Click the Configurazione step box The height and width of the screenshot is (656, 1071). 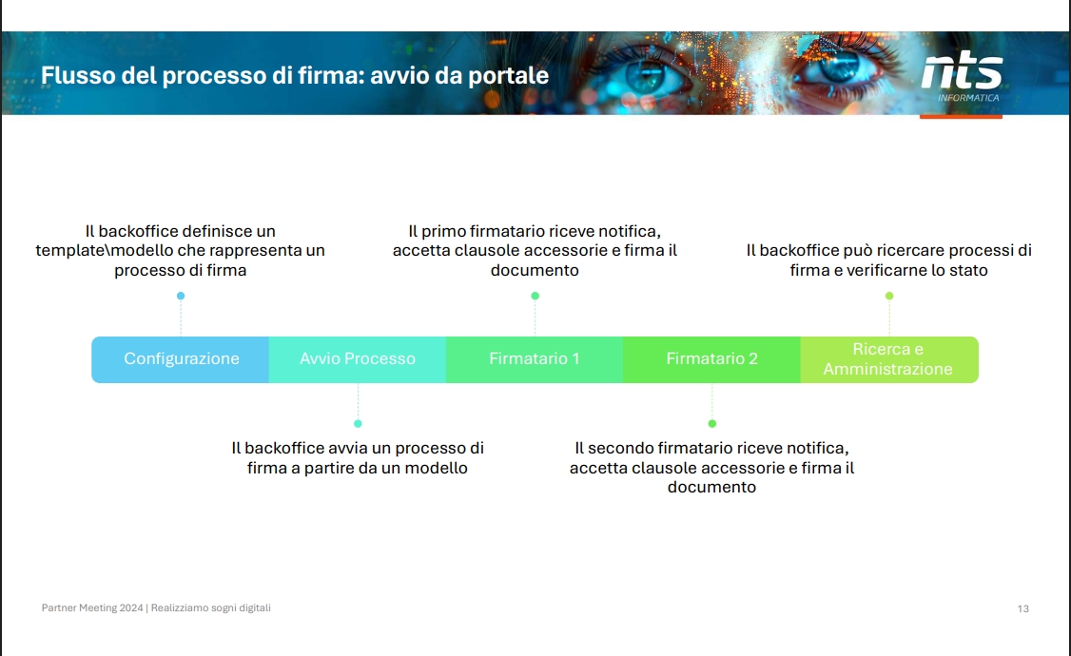point(181,359)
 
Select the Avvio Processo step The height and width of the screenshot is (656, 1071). point(358,359)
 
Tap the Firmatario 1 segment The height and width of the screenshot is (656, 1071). point(535,359)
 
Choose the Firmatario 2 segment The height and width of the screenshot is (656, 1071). point(711,359)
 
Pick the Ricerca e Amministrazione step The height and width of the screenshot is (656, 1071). point(888,359)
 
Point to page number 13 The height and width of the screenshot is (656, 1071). point(1023,608)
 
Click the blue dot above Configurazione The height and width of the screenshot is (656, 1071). point(181,296)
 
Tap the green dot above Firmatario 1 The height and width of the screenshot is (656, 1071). point(535,296)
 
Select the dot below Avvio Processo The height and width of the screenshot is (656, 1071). point(358,423)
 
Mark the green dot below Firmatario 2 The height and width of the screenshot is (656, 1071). point(711,423)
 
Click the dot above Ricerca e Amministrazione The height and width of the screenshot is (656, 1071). point(889,296)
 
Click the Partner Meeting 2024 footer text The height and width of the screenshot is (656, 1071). point(92,608)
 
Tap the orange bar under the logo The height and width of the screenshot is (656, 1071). point(961,117)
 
